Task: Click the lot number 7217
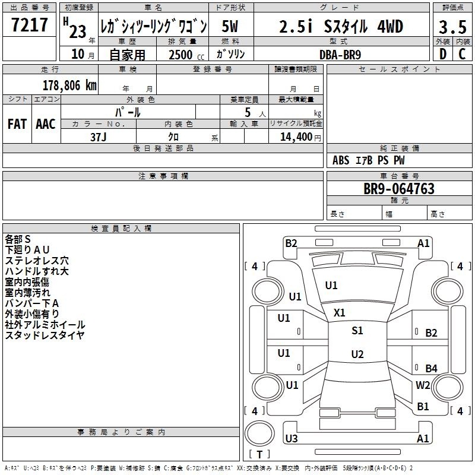(30, 25)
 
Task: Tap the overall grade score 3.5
(452, 27)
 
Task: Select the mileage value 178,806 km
(69, 85)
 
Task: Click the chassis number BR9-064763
(399, 189)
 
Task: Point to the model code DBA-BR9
(340, 55)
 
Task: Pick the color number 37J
(99, 137)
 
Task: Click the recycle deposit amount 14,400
(296, 137)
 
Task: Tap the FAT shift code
(17, 124)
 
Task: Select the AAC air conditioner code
(46, 124)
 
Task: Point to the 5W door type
(230, 26)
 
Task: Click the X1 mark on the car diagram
(339, 313)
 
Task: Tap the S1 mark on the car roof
(357, 331)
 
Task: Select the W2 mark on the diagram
(423, 385)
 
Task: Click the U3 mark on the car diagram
(292, 438)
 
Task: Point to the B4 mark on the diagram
(432, 368)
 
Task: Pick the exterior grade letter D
(443, 54)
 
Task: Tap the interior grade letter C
(462, 54)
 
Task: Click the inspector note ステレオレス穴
(37, 261)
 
